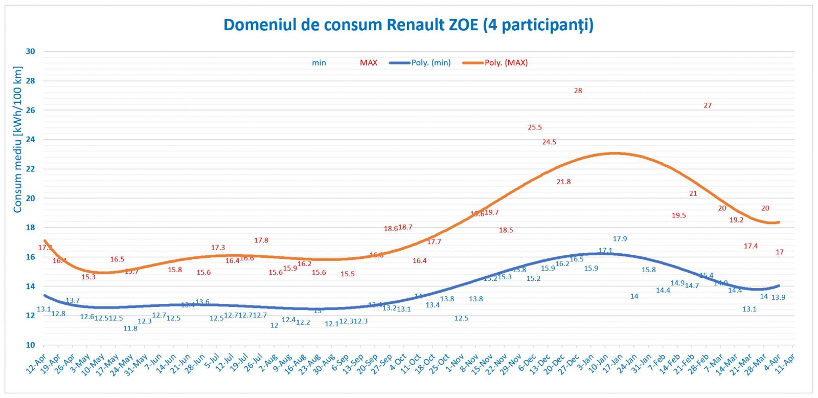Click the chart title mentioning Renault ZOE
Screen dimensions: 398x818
(x=408, y=25)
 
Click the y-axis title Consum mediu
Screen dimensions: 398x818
(x=17, y=140)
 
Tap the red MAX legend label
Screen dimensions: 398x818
(x=368, y=62)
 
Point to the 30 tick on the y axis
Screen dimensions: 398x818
(x=31, y=51)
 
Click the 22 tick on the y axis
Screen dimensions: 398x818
(x=31, y=169)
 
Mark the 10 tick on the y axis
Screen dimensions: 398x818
(x=31, y=345)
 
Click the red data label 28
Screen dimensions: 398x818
(x=578, y=91)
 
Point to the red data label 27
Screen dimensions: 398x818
(x=708, y=105)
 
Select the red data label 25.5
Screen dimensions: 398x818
(x=535, y=127)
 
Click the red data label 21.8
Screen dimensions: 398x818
(x=563, y=182)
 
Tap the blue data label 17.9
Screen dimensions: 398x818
(x=620, y=239)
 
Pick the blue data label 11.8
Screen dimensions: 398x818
(x=130, y=328)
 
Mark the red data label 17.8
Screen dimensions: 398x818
(x=261, y=240)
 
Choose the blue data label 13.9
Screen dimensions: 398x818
(x=778, y=297)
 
